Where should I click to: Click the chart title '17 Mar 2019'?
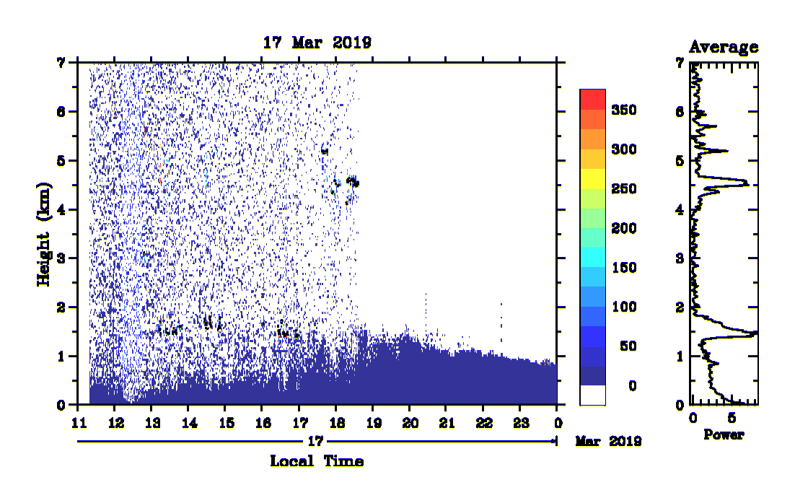(x=317, y=43)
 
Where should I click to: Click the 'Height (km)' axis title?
(x=44, y=235)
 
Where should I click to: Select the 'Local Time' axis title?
(x=317, y=461)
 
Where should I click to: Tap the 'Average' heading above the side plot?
(x=724, y=47)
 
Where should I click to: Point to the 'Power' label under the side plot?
(x=724, y=434)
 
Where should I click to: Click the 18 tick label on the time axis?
(x=337, y=423)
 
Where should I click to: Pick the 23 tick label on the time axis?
(x=521, y=423)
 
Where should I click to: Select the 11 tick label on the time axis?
(x=79, y=423)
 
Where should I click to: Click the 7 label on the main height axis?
(x=61, y=63)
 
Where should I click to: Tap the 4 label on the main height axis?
(x=61, y=210)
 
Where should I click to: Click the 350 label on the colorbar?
(x=624, y=110)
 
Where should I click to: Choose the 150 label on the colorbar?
(x=624, y=268)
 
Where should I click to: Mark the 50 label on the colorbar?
(x=628, y=346)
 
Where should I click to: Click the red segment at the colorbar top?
(x=593, y=100)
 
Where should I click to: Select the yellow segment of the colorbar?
(x=593, y=178)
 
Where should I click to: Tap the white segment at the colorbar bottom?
(x=593, y=395)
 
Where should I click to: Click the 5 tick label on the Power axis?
(x=731, y=418)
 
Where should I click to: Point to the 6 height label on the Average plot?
(x=680, y=112)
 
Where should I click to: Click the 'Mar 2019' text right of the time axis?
(x=608, y=442)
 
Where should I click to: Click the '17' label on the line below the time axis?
(x=315, y=441)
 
